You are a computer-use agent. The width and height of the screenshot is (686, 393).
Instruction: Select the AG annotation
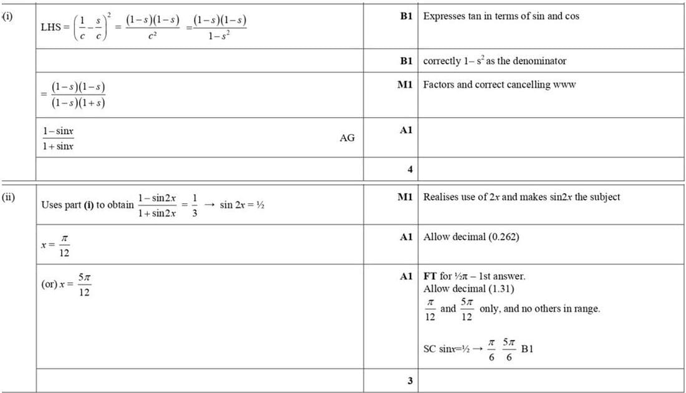coord(347,138)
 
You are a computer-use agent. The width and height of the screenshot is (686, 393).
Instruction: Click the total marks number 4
coord(410,168)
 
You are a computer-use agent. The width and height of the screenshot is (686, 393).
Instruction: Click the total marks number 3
coord(410,381)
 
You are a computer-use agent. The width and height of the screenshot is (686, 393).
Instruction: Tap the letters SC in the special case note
coord(429,348)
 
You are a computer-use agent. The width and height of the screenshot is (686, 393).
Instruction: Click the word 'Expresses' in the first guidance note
coord(443,16)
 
